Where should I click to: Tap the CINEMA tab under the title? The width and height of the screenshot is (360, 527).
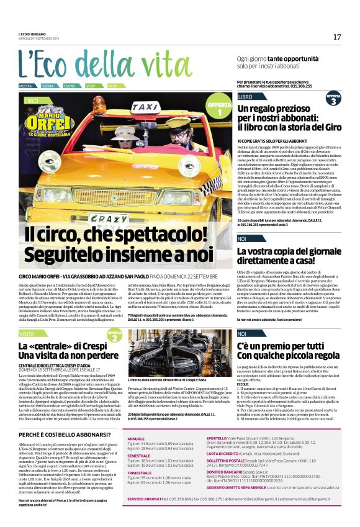48,86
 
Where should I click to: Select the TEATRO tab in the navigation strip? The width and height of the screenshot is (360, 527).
70,86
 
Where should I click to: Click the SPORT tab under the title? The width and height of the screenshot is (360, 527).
91,86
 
